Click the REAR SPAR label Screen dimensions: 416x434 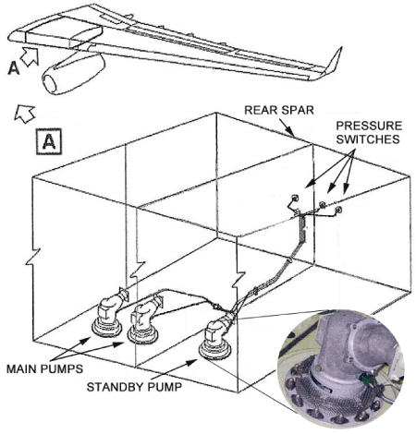click(x=279, y=110)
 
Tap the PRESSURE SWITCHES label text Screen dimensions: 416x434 click(x=369, y=132)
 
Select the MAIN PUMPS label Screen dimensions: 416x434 click(x=44, y=368)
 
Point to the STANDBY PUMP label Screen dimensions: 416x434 click(x=134, y=387)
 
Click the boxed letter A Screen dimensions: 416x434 click(x=49, y=141)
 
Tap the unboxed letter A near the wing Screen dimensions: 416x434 click(x=13, y=68)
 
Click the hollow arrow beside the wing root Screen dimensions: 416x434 click(x=30, y=56)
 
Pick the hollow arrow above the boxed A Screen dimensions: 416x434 click(x=25, y=114)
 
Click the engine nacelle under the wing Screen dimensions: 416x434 click(x=74, y=74)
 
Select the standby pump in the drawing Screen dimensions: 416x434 click(x=215, y=340)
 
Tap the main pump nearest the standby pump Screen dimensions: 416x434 click(x=143, y=323)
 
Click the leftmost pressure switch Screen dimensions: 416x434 click(x=295, y=198)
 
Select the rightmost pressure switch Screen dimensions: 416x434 click(x=338, y=210)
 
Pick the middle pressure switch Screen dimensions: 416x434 click(x=322, y=204)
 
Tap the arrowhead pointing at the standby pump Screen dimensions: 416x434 click(x=192, y=362)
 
